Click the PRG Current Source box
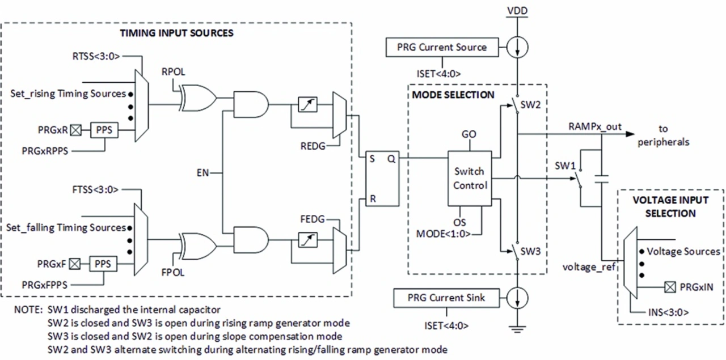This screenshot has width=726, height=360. pos(442,47)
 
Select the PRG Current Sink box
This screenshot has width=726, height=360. pos(446,298)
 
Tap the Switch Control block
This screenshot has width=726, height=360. pos(470,178)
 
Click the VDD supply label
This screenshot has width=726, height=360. pos(517,11)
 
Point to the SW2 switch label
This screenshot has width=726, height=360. pos(530,105)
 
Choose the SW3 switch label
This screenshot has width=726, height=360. pos(530,251)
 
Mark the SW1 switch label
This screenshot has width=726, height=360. pos(565,166)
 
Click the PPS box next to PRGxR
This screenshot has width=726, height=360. pos(104,130)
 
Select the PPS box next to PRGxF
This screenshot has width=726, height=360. pos(103,264)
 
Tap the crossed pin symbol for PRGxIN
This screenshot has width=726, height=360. pos(670,287)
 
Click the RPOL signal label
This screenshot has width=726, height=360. pos(173,71)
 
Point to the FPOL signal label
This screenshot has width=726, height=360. pos(173,272)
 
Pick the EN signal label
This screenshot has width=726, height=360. pos(203,173)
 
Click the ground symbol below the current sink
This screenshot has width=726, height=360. pos(517,328)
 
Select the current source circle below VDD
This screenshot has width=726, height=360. pos(517,47)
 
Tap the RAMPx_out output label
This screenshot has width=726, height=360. pos(595,126)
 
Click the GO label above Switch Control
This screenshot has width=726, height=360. pos(469,134)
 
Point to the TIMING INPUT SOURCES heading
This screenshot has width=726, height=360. pos(176,33)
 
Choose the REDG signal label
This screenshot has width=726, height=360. pos(313,146)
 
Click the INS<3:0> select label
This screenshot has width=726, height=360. pos(668,312)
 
